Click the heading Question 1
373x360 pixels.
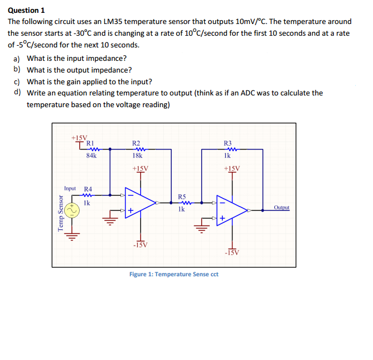(x=26, y=10)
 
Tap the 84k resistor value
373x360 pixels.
(x=91, y=156)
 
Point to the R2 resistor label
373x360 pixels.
(x=136, y=143)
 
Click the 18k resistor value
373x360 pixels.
(x=137, y=157)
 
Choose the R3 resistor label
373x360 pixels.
(x=227, y=143)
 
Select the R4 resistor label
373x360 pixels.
(x=88, y=189)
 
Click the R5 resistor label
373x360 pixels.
(x=182, y=196)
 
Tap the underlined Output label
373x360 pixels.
(x=282, y=208)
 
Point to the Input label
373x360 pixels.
(x=70, y=189)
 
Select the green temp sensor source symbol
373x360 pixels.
(x=71, y=211)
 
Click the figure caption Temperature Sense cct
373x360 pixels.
(x=173, y=274)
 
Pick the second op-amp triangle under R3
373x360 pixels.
(x=231, y=210)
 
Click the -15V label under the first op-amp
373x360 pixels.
(x=140, y=244)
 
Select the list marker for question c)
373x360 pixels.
(x=17, y=81)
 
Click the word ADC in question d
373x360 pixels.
(x=238, y=93)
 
